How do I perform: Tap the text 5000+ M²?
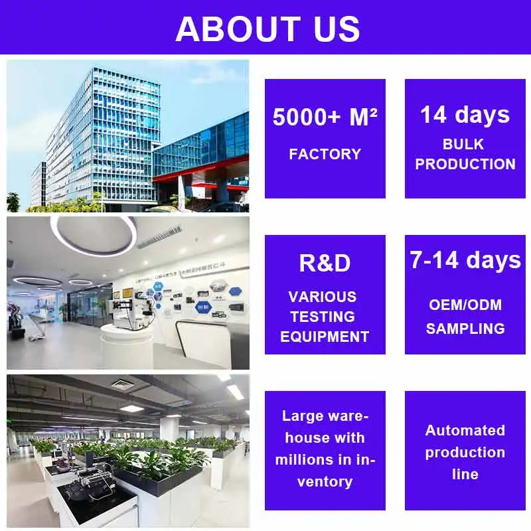pyautogui.click(x=325, y=117)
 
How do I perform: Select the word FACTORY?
pyautogui.click(x=325, y=154)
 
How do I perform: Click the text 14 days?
pyautogui.click(x=465, y=114)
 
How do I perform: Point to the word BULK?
pyautogui.click(x=465, y=144)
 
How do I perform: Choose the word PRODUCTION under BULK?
pyautogui.click(x=465, y=164)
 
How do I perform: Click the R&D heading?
pyautogui.click(x=325, y=263)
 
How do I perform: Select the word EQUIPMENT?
pyautogui.click(x=325, y=337)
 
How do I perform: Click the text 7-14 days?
pyautogui.click(x=465, y=260)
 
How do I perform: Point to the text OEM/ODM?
pyautogui.click(x=465, y=305)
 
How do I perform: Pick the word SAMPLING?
pyautogui.click(x=465, y=328)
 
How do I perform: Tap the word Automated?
pyautogui.click(x=465, y=430)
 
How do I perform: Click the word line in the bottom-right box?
pyautogui.click(x=465, y=474)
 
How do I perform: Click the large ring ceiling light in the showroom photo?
pyautogui.click(x=93, y=236)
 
